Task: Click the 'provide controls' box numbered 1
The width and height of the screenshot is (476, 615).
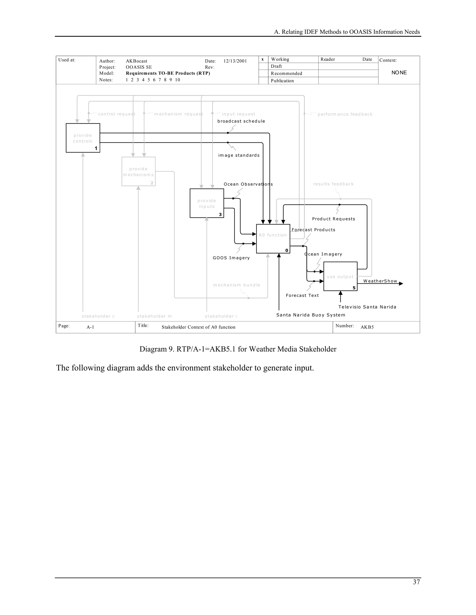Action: (x=83, y=138)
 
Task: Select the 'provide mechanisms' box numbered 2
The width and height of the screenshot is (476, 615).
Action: (x=139, y=172)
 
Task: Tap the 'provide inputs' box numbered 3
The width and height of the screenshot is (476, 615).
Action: (x=207, y=203)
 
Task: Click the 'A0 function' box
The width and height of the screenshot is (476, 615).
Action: (x=273, y=239)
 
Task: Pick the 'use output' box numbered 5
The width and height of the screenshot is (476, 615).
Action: (x=340, y=276)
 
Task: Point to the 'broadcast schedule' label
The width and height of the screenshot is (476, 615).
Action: (x=241, y=121)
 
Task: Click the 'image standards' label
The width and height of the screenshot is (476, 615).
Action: (x=239, y=155)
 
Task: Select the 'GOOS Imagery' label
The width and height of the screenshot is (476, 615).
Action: (x=231, y=258)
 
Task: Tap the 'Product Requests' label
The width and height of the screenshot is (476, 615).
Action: (x=334, y=219)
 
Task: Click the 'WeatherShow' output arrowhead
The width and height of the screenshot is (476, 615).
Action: (x=401, y=284)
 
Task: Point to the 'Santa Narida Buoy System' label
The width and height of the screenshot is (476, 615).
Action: (x=311, y=315)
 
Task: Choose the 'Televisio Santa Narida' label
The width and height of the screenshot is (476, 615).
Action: (x=367, y=307)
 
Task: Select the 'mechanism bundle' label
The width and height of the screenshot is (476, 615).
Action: (x=237, y=285)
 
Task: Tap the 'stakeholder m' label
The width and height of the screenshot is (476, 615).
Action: (x=154, y=317)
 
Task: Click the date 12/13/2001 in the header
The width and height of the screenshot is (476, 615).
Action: (x=235, y=61)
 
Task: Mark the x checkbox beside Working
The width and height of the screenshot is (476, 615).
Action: (x=263, y=59)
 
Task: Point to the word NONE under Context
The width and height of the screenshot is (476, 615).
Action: (x=399, y=73)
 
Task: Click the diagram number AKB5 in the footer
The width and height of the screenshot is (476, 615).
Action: (x=367, y=327)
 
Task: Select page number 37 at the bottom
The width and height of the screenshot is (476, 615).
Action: (x=416, y=582)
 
